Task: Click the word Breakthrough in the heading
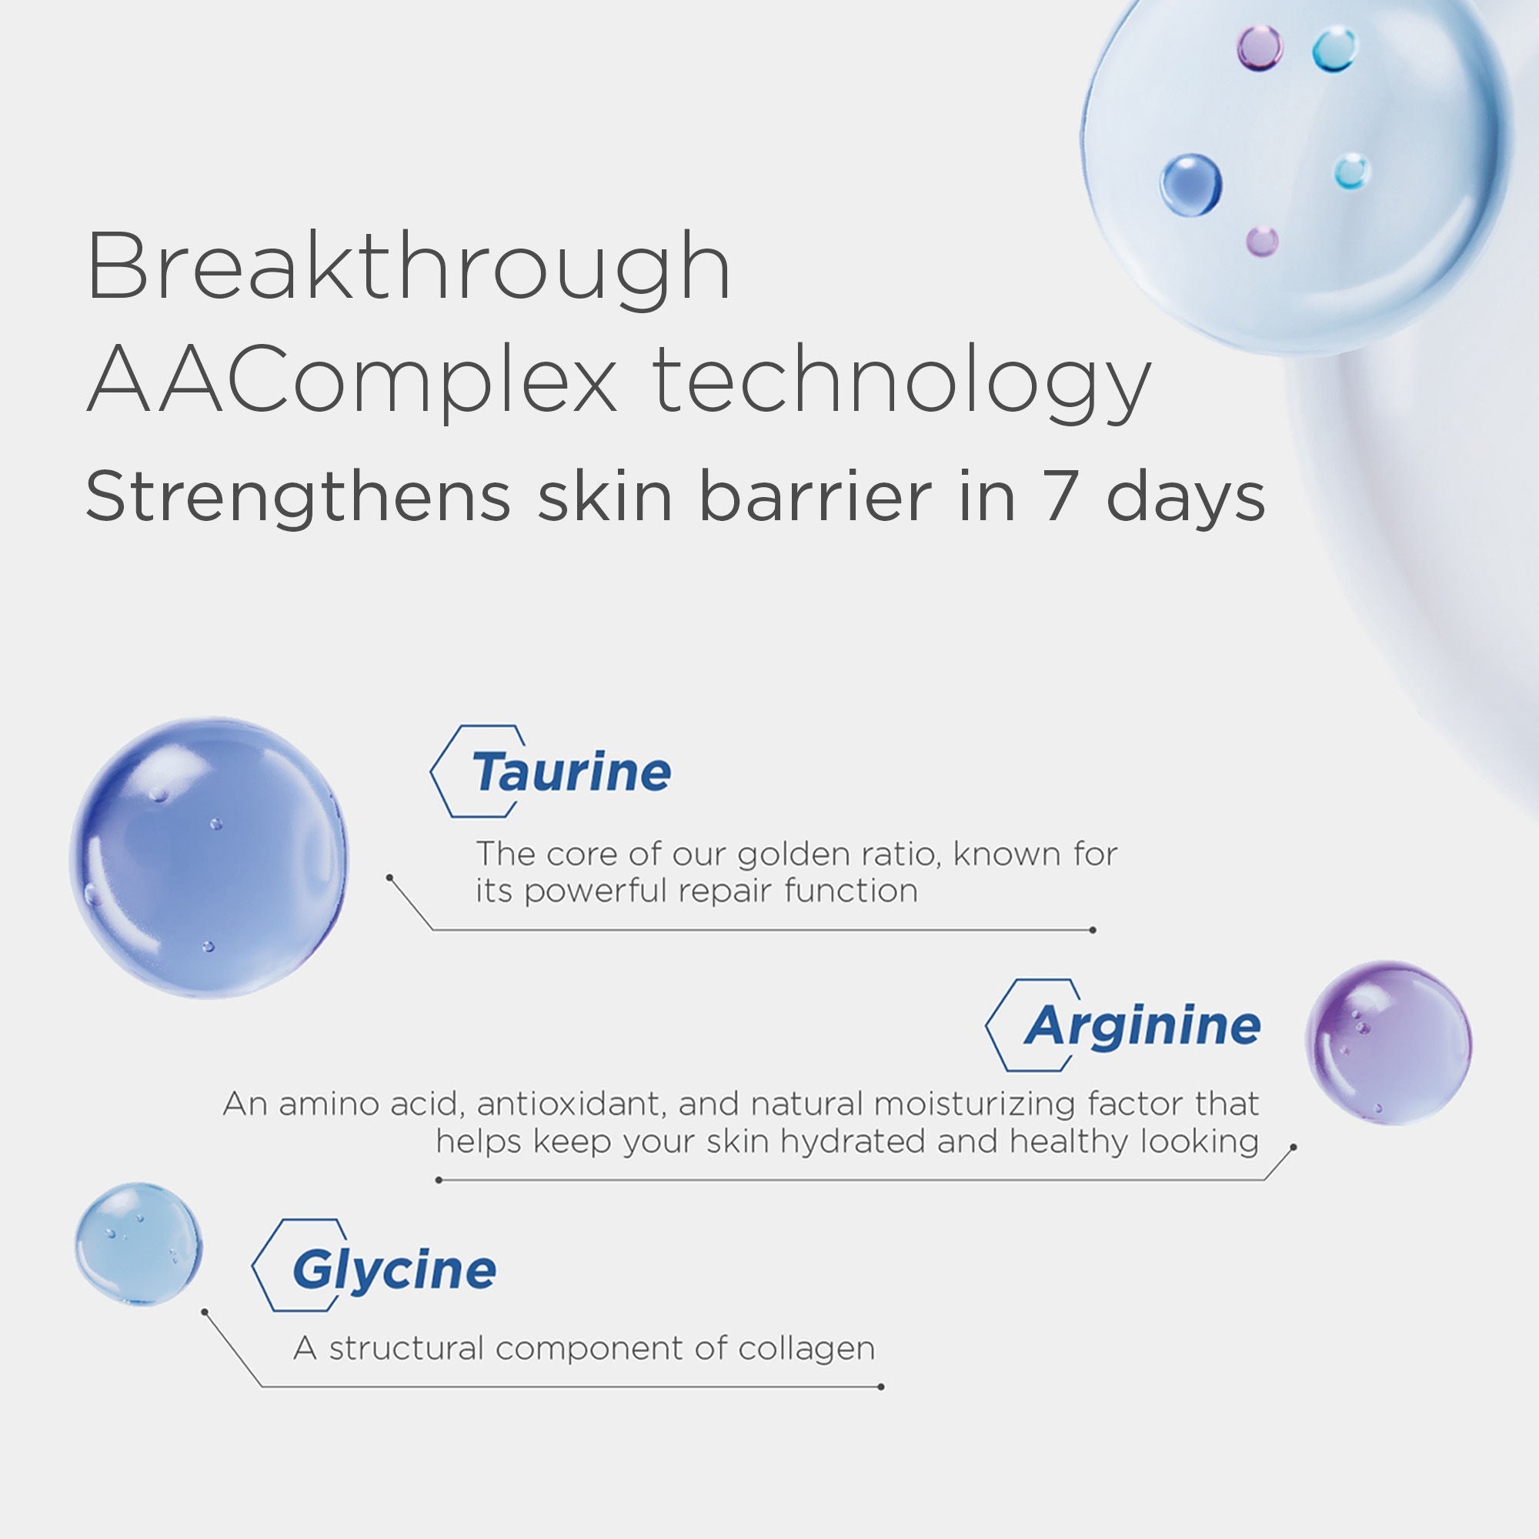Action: click(408, 267)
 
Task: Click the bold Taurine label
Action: click(570, 772)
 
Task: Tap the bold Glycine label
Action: click(394, 1270)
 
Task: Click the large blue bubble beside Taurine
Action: click(209, 858)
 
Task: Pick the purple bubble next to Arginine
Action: click(1388, 1043)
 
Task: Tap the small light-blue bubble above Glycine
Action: click(139, 1244)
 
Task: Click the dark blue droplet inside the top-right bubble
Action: click(1190, 185)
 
